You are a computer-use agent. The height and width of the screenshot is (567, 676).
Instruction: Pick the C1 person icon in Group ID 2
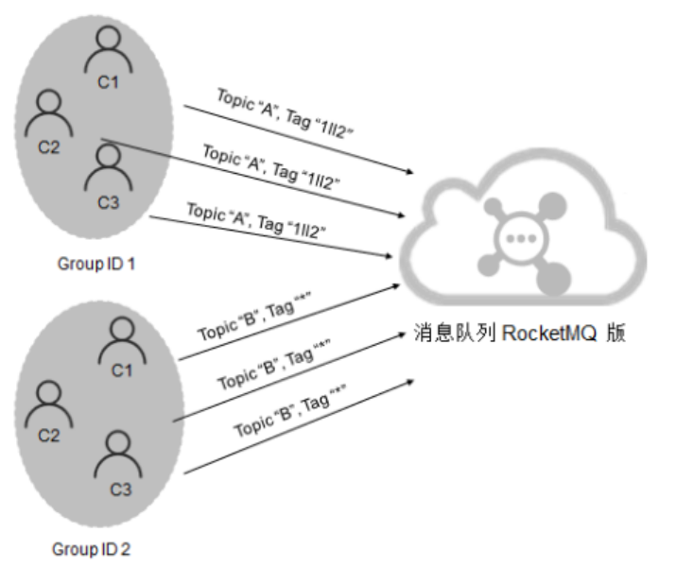(121, 337)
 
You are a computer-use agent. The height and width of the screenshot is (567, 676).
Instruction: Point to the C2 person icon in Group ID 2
(47, 403)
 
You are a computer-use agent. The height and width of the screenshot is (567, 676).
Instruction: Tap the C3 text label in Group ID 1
(108, 201)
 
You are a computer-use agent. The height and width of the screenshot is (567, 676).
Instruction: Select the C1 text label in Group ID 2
(121, 370)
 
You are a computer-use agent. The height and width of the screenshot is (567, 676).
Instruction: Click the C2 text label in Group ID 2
(48, 435)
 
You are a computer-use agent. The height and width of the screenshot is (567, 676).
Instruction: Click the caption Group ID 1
(96, 264)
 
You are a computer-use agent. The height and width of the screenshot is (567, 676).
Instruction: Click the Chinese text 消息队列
(451, 334)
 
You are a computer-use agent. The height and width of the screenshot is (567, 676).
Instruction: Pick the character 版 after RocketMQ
(615, 334)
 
